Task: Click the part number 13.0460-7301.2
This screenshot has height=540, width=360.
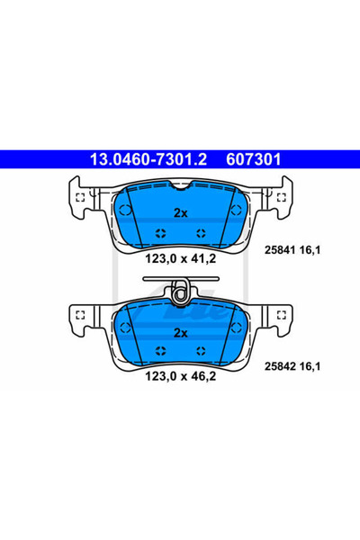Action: coord(148,159)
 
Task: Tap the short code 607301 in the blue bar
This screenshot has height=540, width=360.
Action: coord(253,159)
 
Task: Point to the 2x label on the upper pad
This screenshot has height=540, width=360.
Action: coord(181,213)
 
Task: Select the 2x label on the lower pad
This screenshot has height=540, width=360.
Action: coord(181,333)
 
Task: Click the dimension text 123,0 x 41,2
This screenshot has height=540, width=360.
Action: coord(181,258)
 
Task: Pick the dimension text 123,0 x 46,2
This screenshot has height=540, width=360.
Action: coord(181,376)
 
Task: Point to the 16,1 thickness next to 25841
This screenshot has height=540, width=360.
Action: coord(310,250)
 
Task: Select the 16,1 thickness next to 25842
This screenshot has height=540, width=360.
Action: coord(310,366)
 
